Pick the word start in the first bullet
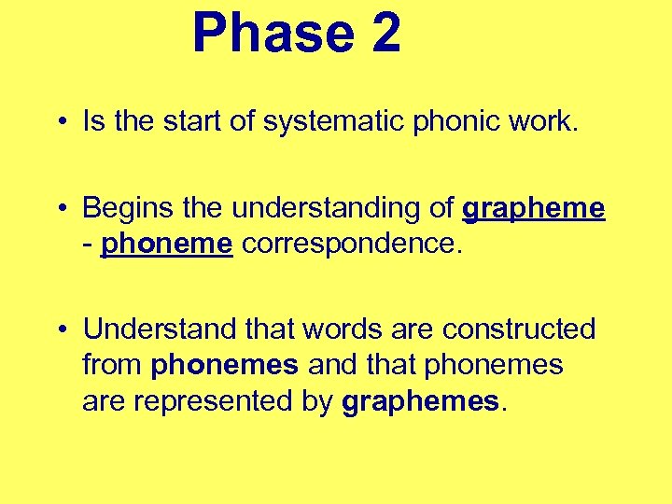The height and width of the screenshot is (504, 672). pos(195,121)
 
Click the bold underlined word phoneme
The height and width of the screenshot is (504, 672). pos(166,245)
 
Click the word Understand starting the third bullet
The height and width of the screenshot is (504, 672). pos(149,329)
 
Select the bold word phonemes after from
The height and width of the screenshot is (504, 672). pos(223,364)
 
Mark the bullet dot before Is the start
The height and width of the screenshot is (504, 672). pos(60,122)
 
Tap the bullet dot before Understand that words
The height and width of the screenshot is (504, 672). pos(60,330)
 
